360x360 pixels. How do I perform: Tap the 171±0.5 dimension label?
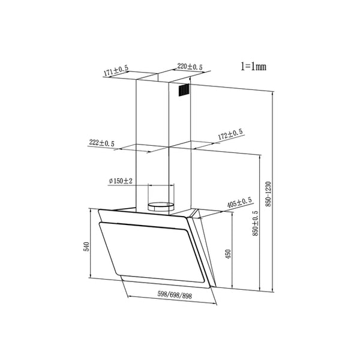[x=116, y=72]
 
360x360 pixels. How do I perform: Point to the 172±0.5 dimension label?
[x=230, y=135]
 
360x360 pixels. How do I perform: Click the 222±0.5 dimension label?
[x=101, y=143]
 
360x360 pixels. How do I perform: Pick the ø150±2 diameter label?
[x=121, y=181]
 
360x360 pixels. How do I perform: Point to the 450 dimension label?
[x=227, y=253]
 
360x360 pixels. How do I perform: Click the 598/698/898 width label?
[x=174, y=295]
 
